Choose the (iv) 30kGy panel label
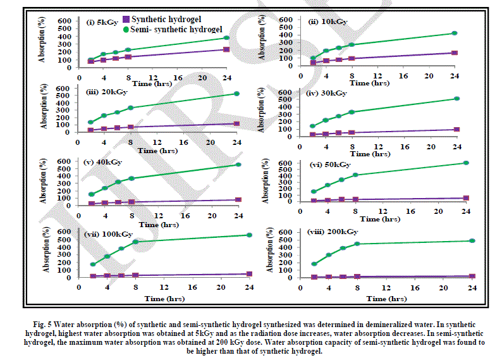pyautogui.click(x=327, y=93)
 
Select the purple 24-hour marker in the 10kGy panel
pyautogui.click(x=454, y=53)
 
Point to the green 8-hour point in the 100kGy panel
pyautogui.click(x=135, y=242)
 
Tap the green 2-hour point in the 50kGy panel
pyautogui.click(x=314, y=191)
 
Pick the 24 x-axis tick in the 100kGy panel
pyautogui.click(x=249, y=286)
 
